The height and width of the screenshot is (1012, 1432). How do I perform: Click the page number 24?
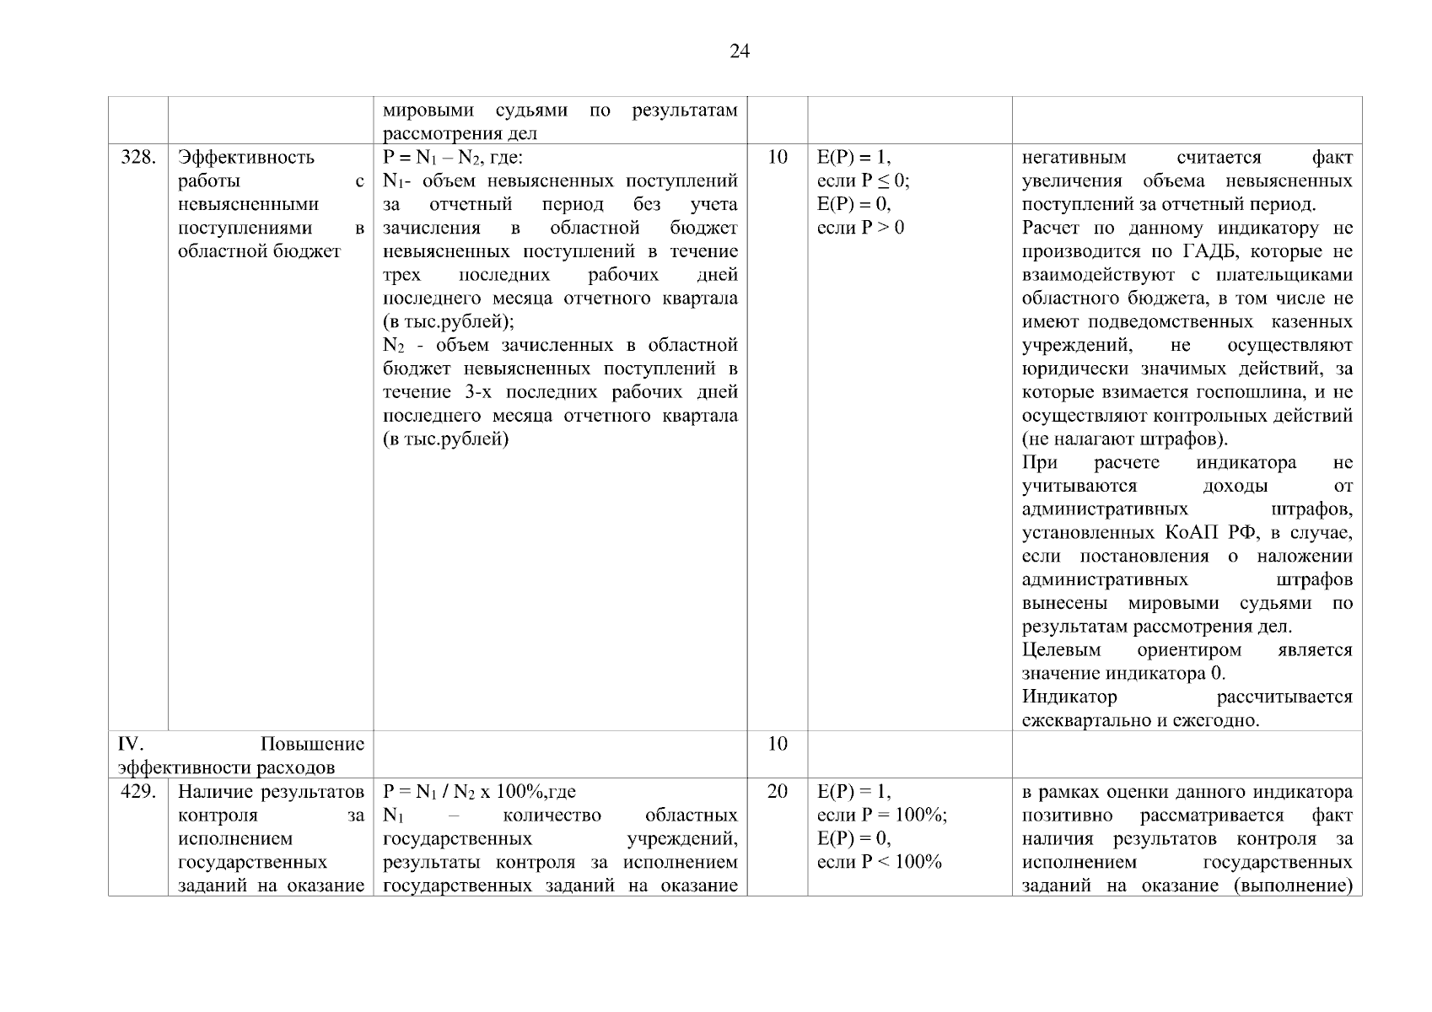[739, 52]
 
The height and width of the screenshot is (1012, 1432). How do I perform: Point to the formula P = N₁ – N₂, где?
[453, 158]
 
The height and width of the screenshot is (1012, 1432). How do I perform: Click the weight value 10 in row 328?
[778, 158]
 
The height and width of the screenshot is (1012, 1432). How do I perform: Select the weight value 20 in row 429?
[778, 792]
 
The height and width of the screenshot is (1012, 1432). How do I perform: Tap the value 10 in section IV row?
[778, 744]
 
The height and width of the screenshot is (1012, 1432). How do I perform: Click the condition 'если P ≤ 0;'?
[863, 180]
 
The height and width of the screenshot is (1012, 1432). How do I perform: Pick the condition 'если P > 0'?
[860, 228]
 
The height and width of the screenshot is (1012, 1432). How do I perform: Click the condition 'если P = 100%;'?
[881, 816]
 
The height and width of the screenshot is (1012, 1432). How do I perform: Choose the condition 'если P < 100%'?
[879, 862]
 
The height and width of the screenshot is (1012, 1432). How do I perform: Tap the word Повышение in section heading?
[312, 744]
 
